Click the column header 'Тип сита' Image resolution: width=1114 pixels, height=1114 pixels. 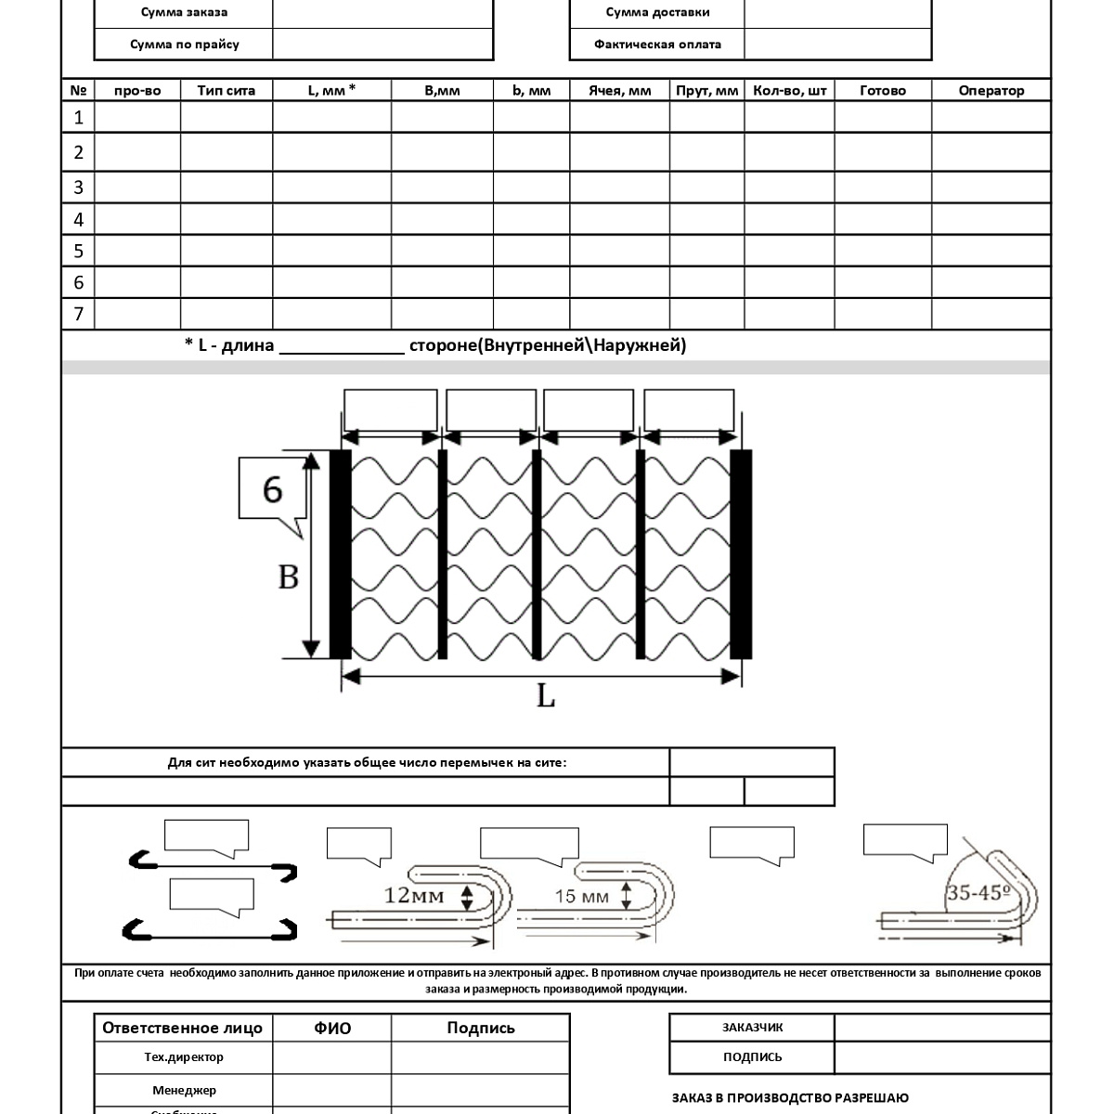227,90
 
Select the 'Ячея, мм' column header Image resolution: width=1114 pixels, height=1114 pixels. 619,90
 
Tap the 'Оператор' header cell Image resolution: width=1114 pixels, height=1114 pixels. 991,90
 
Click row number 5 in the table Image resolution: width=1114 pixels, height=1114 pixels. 78,251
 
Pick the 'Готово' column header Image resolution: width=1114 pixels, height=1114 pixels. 882,90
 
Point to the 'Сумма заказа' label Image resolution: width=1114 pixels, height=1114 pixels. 184,12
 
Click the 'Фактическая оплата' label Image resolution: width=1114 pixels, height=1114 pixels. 657,44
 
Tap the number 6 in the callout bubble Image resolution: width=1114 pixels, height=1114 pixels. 272,488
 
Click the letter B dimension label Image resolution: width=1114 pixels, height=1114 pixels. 289,576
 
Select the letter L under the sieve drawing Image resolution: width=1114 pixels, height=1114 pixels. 546,695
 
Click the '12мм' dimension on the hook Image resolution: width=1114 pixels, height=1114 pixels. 415,896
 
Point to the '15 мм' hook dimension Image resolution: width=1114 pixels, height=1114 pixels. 582,896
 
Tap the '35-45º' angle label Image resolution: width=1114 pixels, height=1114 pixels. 978,893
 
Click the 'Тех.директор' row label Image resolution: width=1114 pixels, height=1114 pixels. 184,1056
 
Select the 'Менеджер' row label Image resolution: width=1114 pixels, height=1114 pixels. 184,1090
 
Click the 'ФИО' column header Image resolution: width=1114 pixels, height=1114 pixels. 332,1028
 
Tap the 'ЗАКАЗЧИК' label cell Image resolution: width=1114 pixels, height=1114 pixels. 752,1027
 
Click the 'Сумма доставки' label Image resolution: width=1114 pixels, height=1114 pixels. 657,12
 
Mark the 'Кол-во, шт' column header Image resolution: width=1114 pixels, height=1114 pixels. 789,90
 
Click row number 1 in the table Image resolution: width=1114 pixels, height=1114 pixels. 78,117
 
